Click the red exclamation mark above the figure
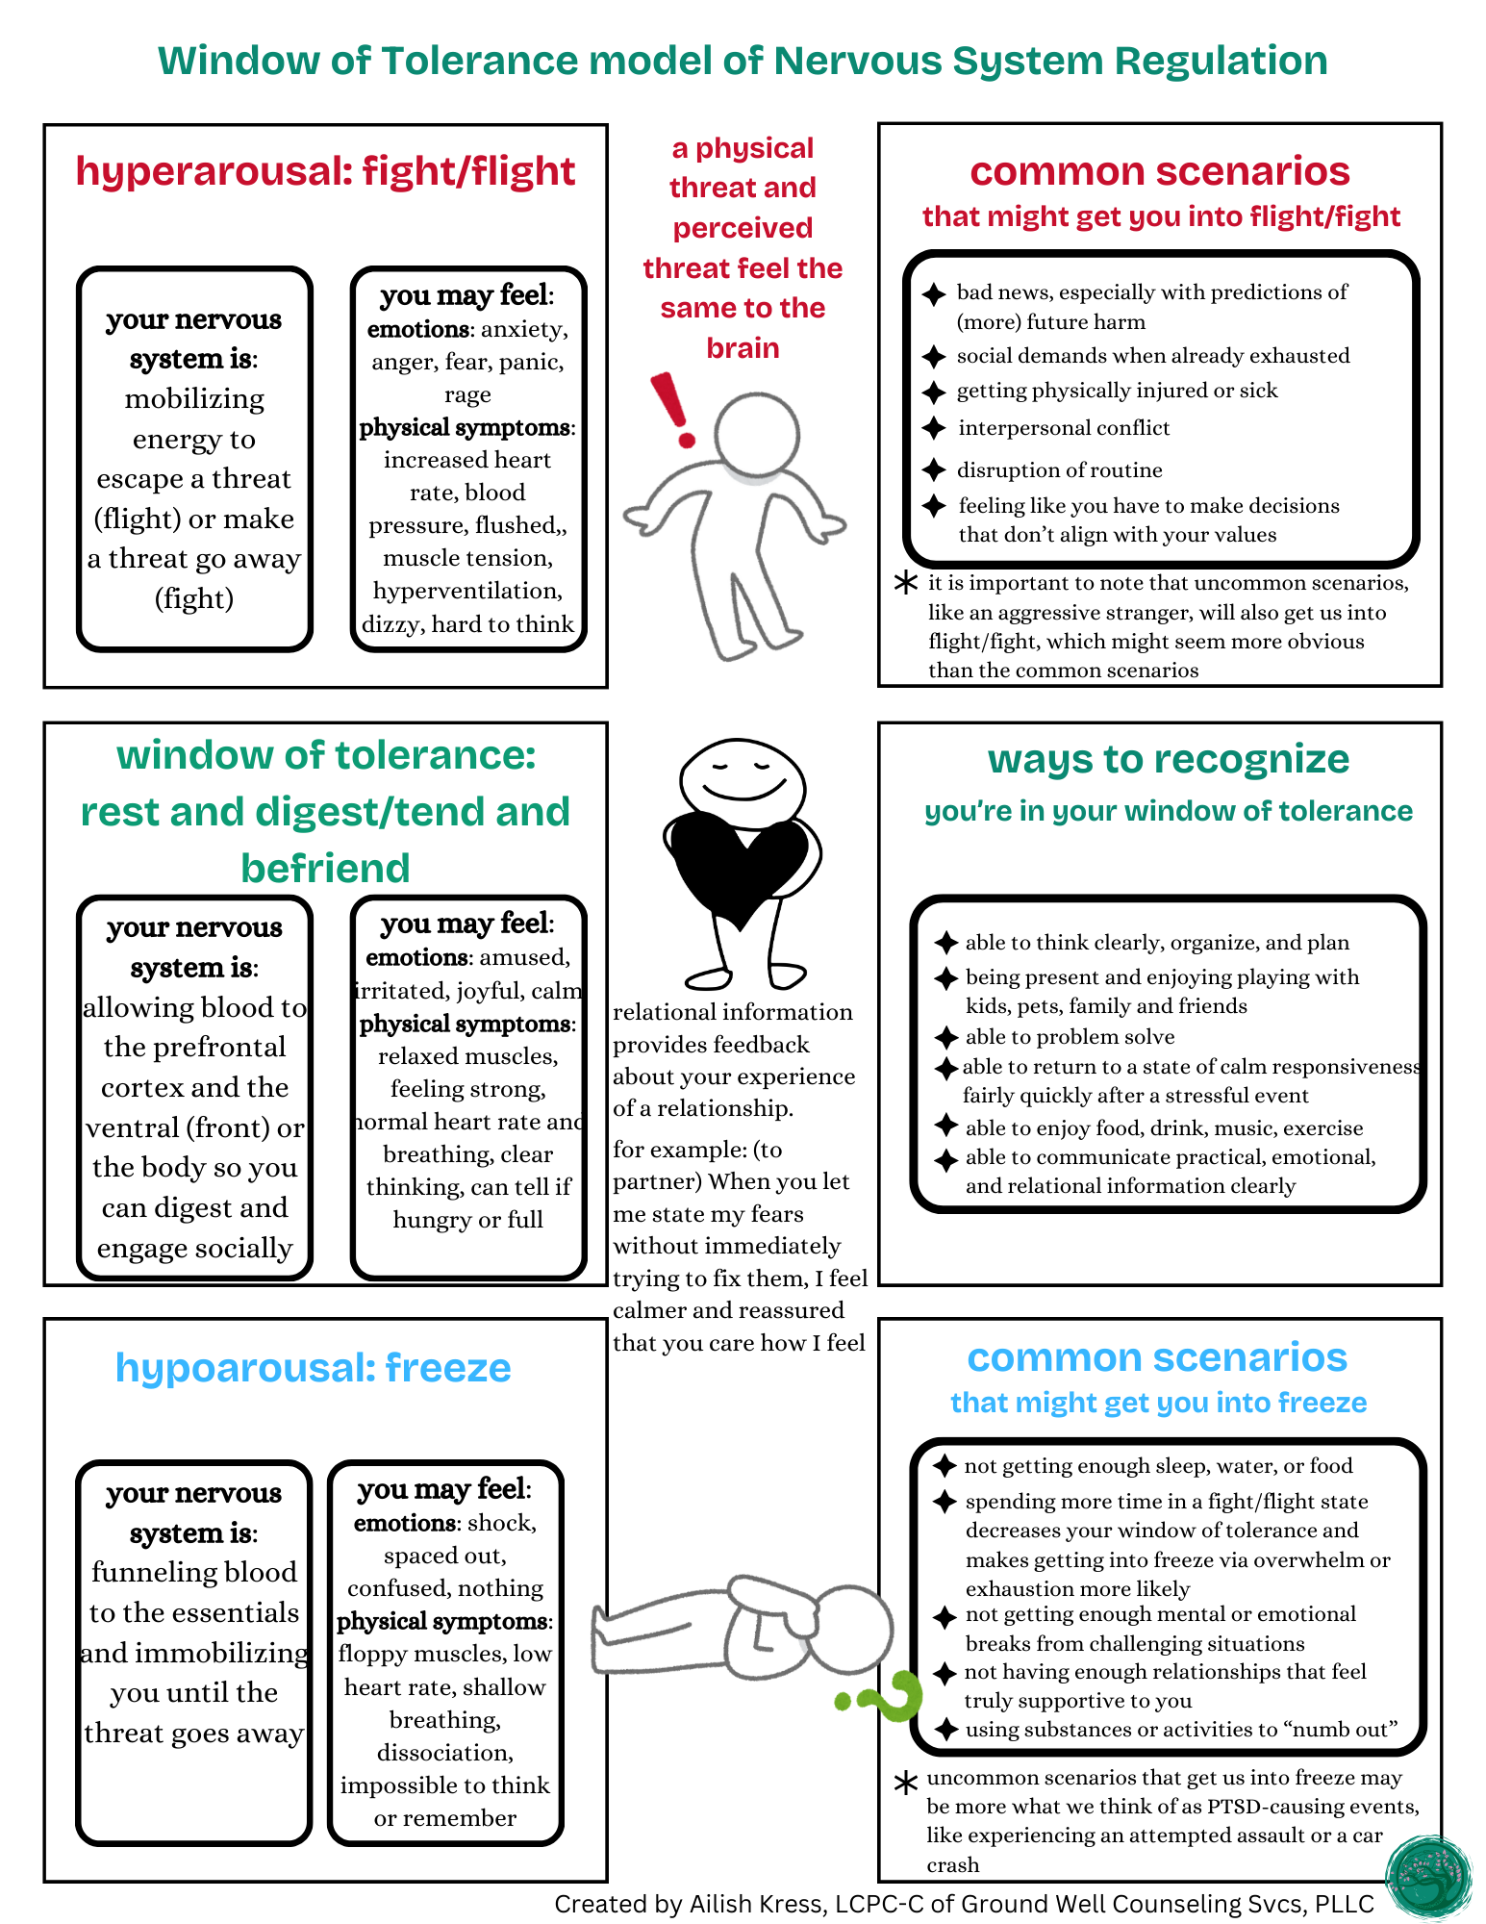coord(673,409)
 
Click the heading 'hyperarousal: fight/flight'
coord(325,171)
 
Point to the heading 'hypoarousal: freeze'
coord(313,1367)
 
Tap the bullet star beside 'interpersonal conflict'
coord(934,428)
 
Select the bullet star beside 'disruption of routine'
coord(934,469)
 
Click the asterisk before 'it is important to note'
coord(905,583)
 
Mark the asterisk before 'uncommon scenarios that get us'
coord(905,1783)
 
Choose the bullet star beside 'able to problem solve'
coord(947,1037)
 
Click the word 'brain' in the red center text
coord(743,348)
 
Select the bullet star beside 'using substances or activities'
coord(947,1730)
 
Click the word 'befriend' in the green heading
coord(325,868)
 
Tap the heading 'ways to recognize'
coord(1168,759)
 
